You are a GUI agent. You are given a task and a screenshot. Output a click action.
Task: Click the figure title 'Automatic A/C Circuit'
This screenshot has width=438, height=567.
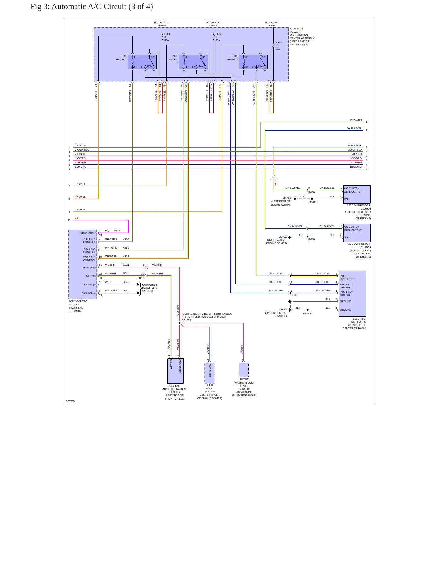pos(89,7)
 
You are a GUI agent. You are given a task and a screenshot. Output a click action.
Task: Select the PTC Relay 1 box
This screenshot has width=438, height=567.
pos(142,62)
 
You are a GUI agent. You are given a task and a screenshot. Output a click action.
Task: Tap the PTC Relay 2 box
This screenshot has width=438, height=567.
pos(193,62)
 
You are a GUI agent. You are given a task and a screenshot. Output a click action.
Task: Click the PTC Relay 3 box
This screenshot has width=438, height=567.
pos(253,62)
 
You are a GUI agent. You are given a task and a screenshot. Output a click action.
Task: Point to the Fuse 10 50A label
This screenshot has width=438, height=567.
pos(278,45)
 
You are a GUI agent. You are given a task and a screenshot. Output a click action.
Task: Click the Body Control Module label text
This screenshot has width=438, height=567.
pos(79,306)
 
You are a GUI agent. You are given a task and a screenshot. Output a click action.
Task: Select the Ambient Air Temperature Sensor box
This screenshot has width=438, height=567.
pos(176,371)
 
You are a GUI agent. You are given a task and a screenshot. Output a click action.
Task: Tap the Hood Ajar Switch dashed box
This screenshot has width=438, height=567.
pos(209,373)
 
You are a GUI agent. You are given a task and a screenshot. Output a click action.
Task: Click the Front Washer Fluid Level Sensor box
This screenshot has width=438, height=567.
pos(243,370)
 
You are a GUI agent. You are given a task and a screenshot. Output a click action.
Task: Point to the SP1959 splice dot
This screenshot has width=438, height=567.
pos(179,323)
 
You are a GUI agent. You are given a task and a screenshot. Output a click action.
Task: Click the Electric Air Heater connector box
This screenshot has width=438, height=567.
pos(353,294)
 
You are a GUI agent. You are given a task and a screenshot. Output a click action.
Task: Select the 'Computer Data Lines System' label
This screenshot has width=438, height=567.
pos(149,288)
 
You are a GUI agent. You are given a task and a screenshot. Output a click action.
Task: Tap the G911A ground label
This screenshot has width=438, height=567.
pos(283,310)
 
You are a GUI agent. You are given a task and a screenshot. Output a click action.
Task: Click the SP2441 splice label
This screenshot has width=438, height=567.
pos(308,314)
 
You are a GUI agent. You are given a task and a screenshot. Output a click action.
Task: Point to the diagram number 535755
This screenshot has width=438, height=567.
pos(70,401)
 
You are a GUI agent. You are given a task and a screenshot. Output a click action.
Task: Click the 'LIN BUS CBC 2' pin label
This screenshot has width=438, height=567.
pos(86,233)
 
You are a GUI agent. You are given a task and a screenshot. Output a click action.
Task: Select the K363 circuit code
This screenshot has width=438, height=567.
pos(126,256)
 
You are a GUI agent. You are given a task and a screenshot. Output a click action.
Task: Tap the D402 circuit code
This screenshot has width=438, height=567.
pos(117,230)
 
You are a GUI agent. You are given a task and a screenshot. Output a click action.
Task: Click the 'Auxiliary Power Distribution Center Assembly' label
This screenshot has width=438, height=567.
pos(302,36)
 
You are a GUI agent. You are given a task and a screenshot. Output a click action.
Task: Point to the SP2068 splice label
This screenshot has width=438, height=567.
pos(313,202)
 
